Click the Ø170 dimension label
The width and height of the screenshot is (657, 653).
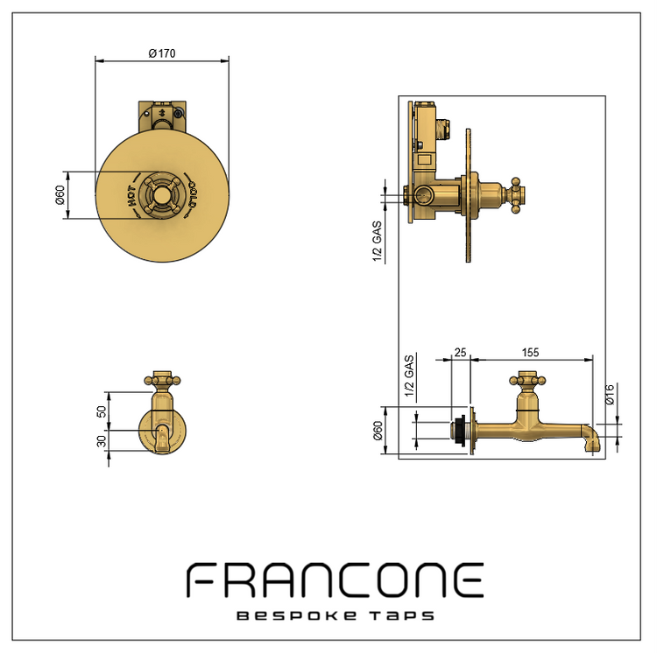tap(162, 53)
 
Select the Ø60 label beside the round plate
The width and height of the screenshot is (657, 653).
tap(60, 195)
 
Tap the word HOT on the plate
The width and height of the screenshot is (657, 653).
tap(131, 196)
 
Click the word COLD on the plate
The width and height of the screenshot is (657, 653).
tap(193, 194)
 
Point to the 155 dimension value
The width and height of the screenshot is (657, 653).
tap(531, 353)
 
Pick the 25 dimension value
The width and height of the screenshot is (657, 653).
tap(460, 353)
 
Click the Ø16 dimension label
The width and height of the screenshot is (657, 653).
tap(610, 394)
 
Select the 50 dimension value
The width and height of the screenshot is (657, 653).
tap(102, 411)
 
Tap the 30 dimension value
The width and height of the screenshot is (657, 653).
tap(102, 441)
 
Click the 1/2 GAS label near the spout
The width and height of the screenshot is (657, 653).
tap(409, 376)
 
